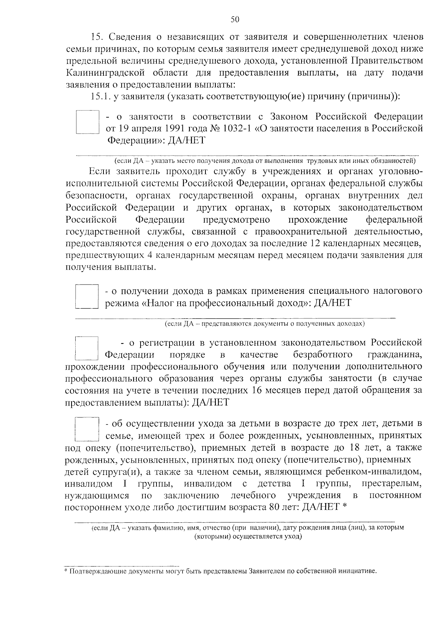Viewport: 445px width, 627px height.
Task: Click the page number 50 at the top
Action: [235, 20]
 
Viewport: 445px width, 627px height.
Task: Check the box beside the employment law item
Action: [87, 122]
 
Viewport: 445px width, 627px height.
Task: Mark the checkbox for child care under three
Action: [87, 429]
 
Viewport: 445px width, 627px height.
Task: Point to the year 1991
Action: [171, 128]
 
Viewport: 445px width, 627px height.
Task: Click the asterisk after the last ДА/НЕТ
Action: [345, 506]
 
